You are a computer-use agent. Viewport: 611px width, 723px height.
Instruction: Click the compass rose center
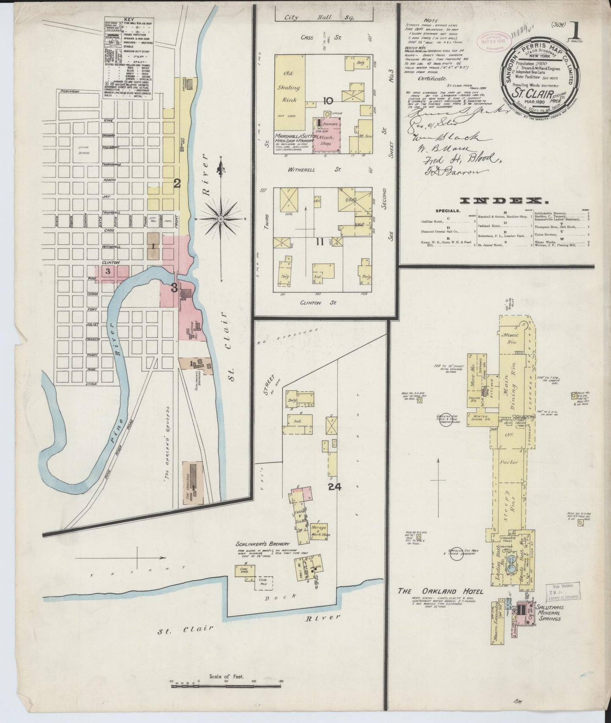coord(221,219)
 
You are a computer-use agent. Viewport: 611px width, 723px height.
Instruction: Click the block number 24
coord(334,487)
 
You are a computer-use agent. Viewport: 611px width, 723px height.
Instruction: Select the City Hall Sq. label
coord(324,18)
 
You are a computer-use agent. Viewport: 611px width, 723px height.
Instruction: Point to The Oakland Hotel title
coord(440,591)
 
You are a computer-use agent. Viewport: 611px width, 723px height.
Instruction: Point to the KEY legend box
coord(128,58)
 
